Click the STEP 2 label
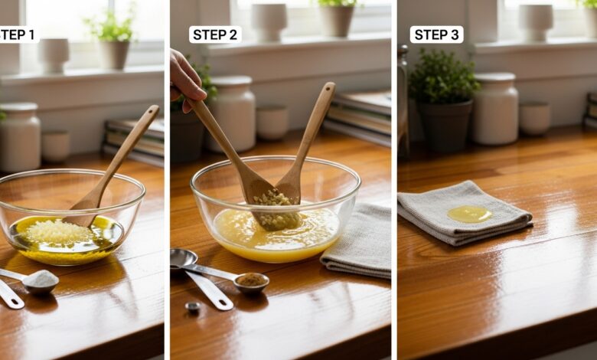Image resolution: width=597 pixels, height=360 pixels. pos(215,34)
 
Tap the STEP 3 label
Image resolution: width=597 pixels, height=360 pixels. pos(436,34)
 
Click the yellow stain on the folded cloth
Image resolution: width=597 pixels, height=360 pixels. pos(469,214)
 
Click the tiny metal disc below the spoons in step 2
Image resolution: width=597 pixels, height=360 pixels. pos(193,306)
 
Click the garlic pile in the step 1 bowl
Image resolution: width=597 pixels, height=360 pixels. pos(57,231)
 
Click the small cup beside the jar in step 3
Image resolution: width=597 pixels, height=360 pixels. pos(534,118)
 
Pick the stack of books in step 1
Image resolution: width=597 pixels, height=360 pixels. pos(134,142)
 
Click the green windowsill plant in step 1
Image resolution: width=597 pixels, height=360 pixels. pos(111,28)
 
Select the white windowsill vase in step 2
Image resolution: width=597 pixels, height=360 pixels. pos(269,22)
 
